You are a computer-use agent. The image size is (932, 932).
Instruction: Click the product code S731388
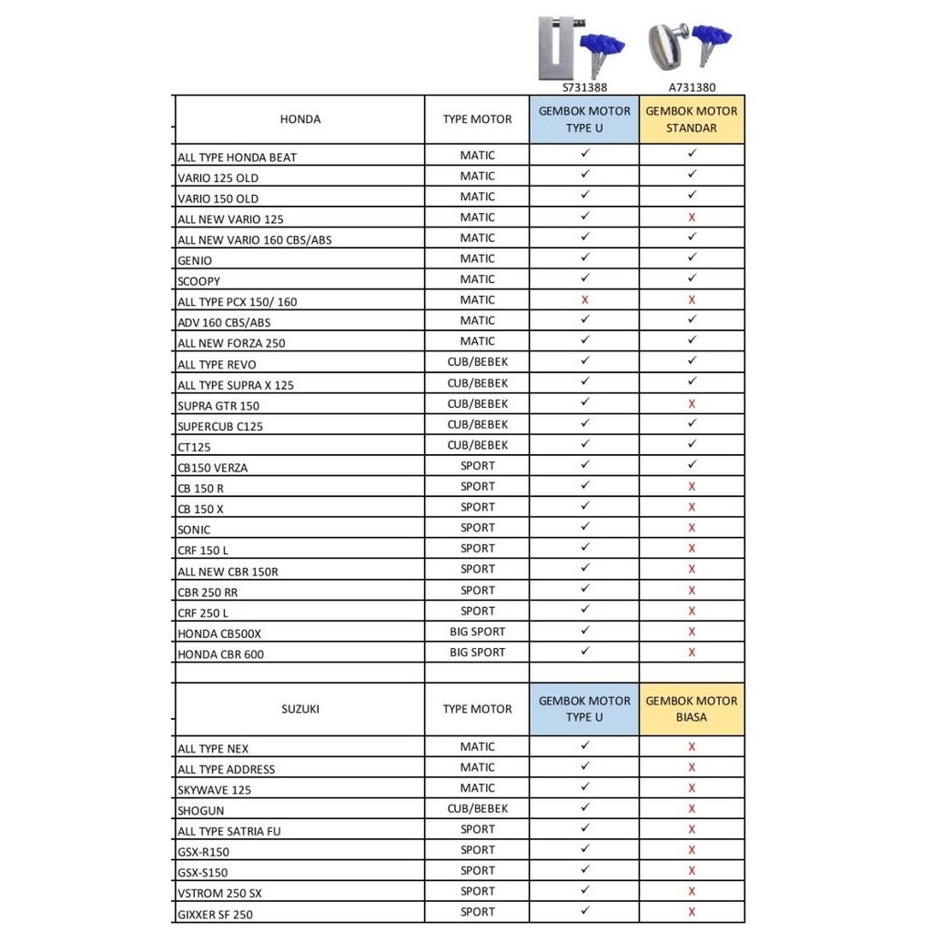tap(583, 87)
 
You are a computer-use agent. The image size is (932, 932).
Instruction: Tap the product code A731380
tap(692, 87)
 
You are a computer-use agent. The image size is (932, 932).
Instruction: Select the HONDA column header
tap(299, 119)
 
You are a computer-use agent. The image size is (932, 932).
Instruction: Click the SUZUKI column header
tap(299, 709)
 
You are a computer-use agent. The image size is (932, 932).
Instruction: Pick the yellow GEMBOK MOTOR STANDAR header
tap(692, 119)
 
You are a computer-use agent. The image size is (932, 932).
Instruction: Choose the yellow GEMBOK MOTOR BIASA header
tap(692, 709)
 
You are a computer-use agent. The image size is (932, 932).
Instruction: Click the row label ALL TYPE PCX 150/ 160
tap(237, 301)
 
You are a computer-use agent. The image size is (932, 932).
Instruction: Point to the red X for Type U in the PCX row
tap(584, 299)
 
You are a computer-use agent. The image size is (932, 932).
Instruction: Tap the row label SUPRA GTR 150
tap(218, 405)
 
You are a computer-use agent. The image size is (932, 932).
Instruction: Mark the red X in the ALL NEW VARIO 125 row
tap(692, 218)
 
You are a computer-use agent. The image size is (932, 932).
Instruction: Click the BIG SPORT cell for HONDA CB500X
tap(477, 632)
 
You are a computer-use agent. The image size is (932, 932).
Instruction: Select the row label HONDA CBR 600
tap(221, 654)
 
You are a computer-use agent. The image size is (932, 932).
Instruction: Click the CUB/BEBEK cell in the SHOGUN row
tap(477, 808)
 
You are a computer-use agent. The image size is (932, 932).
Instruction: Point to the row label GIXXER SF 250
tap(215, 914)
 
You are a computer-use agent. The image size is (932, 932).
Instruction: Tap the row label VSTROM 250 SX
tap(219, 893)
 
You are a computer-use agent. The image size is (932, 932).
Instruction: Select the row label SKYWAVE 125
tap(214, 790)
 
